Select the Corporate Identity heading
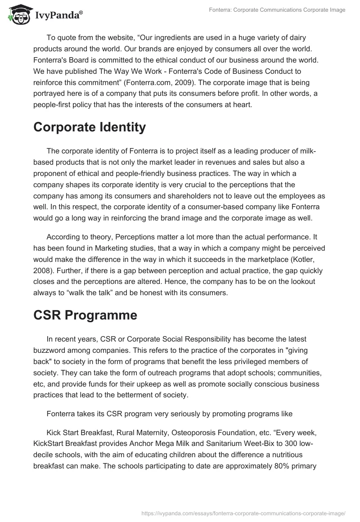(x=90, y=127)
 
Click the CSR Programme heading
(x=85, y=315)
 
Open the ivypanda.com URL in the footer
(x=243, y=513)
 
